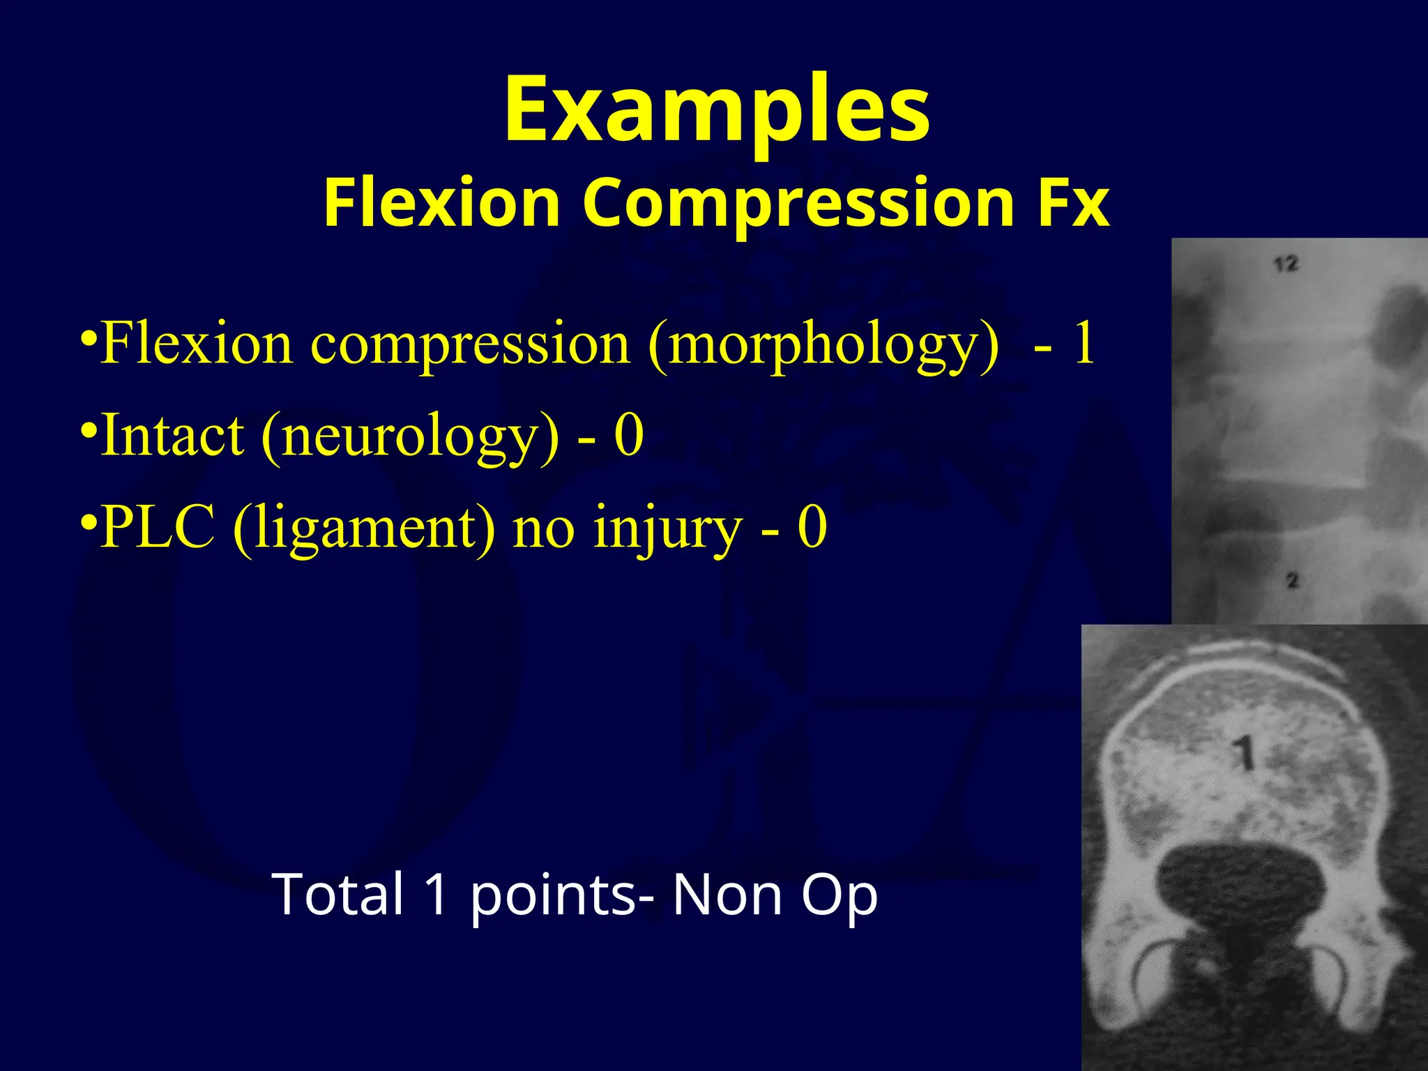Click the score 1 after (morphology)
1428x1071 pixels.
click(x=1083, y=343)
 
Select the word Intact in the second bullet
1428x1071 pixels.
click(x=172, y=435)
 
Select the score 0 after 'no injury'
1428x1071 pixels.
click(x=812, y=527)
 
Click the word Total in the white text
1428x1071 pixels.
click(x=340, y=894)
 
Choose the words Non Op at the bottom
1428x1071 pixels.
click(x=775, y=895)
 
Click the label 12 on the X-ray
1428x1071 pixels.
click(x=1286, y=264)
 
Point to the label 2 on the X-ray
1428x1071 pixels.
click(x=1292, y=580)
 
